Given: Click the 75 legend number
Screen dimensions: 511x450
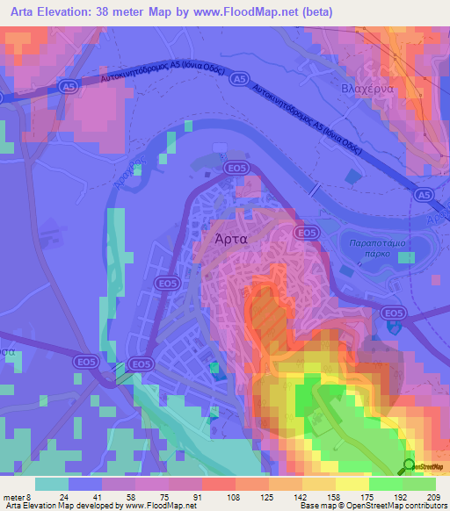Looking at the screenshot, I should click(165, 496).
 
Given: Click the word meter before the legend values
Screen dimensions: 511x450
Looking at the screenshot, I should click(18, 496).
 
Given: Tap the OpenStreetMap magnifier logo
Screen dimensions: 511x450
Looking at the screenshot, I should click(409, 466).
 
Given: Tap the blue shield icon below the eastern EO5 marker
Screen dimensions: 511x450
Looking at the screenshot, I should click(395, 327).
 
